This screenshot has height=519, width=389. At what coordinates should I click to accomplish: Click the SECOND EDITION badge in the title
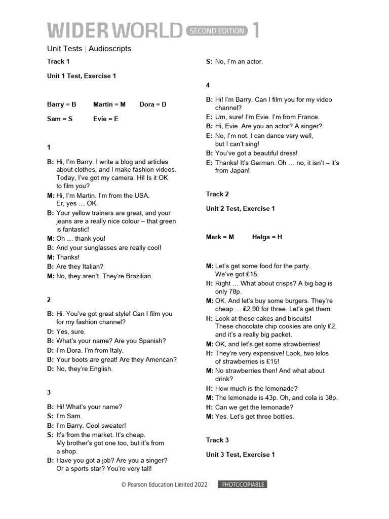click(217, 31)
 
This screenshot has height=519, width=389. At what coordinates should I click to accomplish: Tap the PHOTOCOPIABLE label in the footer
click(242, 485)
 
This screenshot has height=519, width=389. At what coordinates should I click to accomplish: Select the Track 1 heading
click(58, 61)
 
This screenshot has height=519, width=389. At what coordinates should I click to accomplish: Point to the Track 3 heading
click(217, 440)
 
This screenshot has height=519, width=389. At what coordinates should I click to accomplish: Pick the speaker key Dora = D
click(153, 104)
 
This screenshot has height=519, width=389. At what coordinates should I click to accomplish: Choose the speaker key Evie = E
click(105, 119)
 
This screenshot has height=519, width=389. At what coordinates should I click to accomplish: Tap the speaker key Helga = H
click(267, 237)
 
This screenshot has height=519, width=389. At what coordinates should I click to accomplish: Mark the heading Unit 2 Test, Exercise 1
click(240, 208)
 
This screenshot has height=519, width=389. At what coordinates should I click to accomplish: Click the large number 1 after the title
click(256, 30)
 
